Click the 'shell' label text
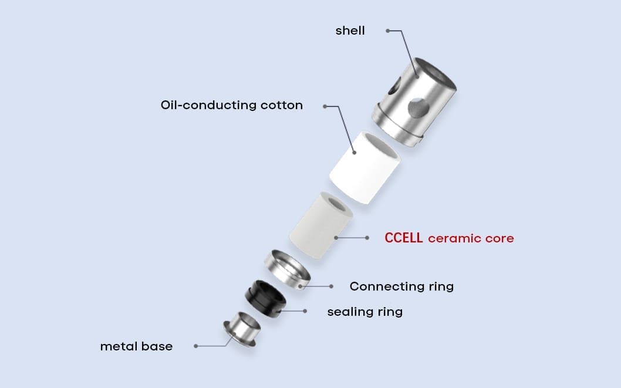[350, 31]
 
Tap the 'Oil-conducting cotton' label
[231, 106]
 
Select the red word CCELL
[403, 238]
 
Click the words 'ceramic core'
[471, 238]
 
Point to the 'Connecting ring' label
[401, 286]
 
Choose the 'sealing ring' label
[365, 311]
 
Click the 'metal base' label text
[136, 346]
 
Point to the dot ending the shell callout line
[387, 31]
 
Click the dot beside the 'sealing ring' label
[305, 311]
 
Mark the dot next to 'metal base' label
[195, 346]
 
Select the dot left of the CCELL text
[367, 238]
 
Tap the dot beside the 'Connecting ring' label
[331, 286]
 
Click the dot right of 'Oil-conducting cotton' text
[324, 106]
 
